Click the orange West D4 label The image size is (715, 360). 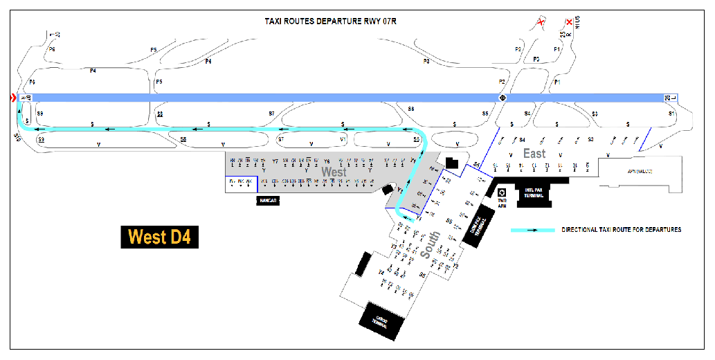coord(159,237)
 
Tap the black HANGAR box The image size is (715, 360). coord(267,200)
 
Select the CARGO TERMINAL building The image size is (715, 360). coord(380,321)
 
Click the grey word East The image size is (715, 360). coord(534,153)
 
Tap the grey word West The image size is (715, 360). coord(334,171)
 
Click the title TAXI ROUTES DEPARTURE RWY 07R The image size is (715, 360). coord(330,21)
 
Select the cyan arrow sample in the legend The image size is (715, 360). coord(532,229)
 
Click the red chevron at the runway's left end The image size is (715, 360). coord(12,98)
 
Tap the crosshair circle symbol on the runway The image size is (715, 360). coord(503,98)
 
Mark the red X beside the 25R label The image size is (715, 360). coord(569,22)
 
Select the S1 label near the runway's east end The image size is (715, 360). coord(670,112)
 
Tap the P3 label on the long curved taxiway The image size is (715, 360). coord(426,62)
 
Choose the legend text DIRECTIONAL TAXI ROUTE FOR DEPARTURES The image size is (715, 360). coord(622,229)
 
